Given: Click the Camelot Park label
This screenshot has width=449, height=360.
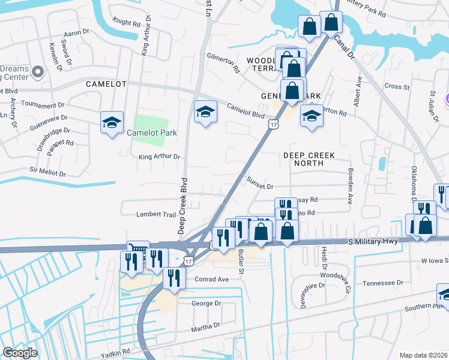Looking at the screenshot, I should pos(152,133).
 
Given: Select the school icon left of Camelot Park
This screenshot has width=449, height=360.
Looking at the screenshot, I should pos(112,122).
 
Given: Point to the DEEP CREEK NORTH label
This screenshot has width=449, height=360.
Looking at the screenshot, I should pos(309,159).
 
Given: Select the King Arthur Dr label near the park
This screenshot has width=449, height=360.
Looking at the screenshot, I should pos(159,157).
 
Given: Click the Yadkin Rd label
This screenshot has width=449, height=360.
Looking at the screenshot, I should pos(117,352).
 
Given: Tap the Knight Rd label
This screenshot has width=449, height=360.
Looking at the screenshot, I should pos(126,23).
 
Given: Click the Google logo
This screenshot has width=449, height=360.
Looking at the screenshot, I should pos(20,353).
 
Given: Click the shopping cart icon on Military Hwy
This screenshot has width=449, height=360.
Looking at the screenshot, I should pos(137,247).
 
